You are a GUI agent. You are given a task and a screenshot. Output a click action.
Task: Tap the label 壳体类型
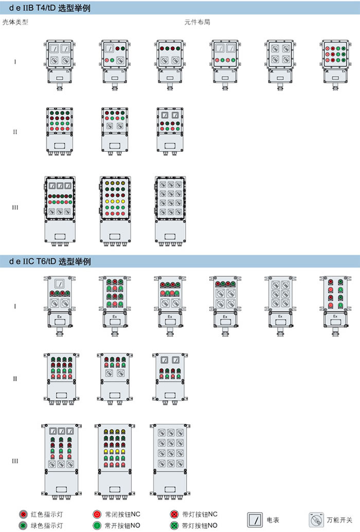tap(15, 23)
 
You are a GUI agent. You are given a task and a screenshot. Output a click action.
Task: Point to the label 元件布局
tap(197, 23)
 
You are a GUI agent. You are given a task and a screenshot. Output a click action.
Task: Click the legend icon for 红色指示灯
tap(23, 514)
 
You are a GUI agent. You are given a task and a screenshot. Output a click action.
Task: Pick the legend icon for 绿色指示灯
tap(23, 525)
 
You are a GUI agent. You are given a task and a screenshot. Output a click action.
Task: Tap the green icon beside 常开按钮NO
tap(97, 525)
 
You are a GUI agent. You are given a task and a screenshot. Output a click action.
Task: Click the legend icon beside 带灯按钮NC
tap(174, 514)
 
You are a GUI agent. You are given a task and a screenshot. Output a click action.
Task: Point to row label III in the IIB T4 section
tap(15, 208)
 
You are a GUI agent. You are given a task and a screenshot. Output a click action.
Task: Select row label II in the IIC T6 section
tap(15, 379)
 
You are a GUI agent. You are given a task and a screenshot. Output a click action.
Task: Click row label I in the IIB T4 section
tap(15, 62)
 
